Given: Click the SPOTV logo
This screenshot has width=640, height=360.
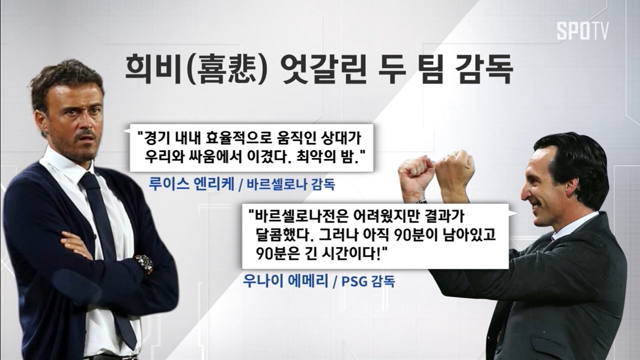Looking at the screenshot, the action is coord(582,30).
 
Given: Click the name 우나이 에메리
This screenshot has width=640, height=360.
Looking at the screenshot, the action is coord(285,281).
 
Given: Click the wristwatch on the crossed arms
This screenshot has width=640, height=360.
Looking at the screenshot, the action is coord(144,264).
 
